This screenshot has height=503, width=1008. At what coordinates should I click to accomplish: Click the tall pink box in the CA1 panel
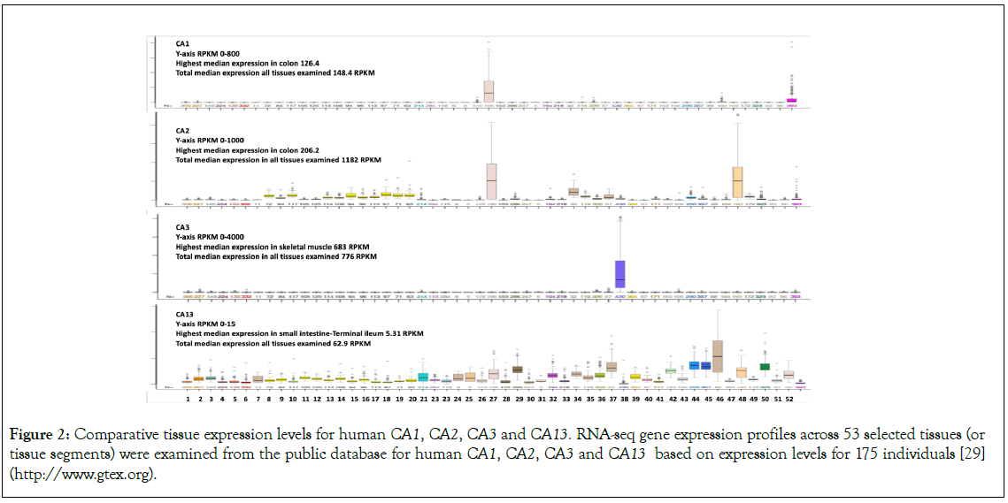click(x=489, y=91)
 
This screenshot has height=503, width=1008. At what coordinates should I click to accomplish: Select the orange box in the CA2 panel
click(x=737, y=182)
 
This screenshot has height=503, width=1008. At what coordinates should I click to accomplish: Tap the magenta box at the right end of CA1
click(x=791, y=101)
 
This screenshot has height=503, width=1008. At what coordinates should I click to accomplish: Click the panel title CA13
click(x=185, y=314)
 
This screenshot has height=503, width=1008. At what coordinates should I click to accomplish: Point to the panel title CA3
click(x=182, y=227)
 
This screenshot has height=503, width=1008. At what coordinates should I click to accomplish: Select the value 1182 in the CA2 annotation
click(x=325, y=160)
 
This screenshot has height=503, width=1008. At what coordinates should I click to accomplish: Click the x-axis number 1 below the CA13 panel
click(x=188, y=400)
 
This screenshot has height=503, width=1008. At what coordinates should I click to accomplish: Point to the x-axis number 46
click(x=719, y=400)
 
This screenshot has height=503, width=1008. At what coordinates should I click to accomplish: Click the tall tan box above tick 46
click(x=718, y=356)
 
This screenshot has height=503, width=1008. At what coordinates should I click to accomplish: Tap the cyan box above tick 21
click(x=423, y=377)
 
